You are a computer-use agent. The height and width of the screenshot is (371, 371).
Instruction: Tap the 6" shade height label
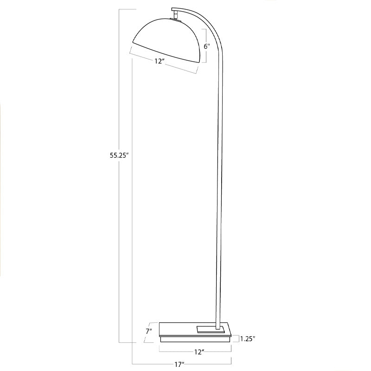207,46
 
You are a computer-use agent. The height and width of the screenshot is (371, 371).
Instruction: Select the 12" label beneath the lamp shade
160,61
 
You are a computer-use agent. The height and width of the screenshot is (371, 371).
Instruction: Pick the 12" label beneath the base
199,352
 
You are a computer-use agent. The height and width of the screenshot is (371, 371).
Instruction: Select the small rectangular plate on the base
210,329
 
